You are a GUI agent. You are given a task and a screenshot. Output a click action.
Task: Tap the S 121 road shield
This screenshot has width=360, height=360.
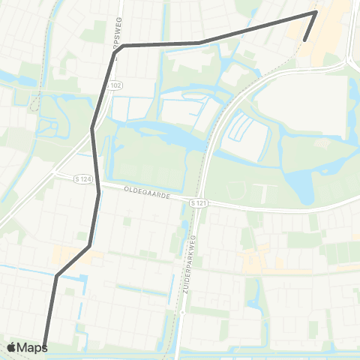coord(197,203)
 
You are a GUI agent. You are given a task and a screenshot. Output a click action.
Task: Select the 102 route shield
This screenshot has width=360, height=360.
coord(115,86)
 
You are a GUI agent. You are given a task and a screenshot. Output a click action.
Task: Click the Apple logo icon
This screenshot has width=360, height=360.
coord(12,347)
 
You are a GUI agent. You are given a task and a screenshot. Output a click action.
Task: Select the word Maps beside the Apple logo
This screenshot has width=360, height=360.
coord(32,347)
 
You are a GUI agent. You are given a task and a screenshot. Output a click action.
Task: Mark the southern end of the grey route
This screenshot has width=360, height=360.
coord(45,346)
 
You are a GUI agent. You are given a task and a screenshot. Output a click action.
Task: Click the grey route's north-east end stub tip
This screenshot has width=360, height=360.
coord(304,40)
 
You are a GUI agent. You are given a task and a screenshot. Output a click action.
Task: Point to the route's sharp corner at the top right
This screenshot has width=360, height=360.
coord(316,11)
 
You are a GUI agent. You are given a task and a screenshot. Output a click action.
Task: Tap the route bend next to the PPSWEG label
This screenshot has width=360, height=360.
coord(124,46)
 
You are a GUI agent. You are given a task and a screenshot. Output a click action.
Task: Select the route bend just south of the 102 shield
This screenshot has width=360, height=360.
coord(92,128)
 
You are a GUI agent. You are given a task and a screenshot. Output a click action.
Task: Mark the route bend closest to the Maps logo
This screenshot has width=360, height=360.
coord(56,276)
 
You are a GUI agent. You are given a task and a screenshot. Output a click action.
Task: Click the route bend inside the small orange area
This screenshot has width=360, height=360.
coord(89,245)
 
